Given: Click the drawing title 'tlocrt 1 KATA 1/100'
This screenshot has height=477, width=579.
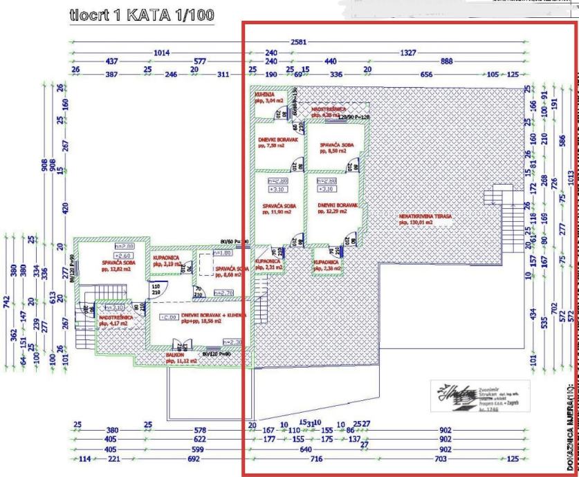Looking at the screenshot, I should (142, 15).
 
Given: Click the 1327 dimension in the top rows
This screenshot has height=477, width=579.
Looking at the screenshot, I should (426, 52).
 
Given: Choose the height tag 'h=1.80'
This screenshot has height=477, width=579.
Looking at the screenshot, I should (203, 254).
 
